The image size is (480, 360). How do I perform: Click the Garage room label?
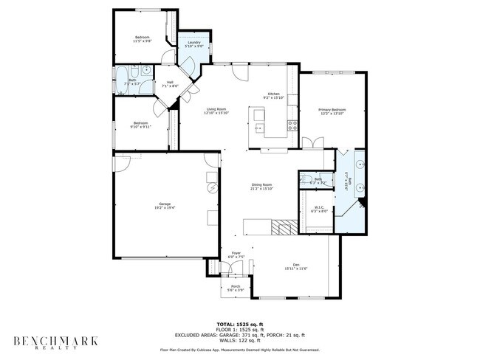tap(165, 203)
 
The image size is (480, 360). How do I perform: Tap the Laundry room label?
tap(194, 43)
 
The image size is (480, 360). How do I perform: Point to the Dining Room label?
tap(262, 184)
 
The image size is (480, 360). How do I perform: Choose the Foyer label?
tap(236, 253)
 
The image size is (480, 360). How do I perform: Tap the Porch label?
tap(236, 286)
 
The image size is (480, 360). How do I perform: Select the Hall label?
tap(169, 82)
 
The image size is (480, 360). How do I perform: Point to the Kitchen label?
tap(273, 94)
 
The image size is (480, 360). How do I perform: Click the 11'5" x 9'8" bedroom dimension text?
tap(142, 41)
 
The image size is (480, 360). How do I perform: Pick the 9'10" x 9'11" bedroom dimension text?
tap(141, 127)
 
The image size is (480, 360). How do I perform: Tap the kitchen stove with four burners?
tap(292, 125)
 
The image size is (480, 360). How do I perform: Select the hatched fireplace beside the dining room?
tap(281, 226)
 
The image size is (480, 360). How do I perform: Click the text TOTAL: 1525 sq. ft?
tap(240, 324)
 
